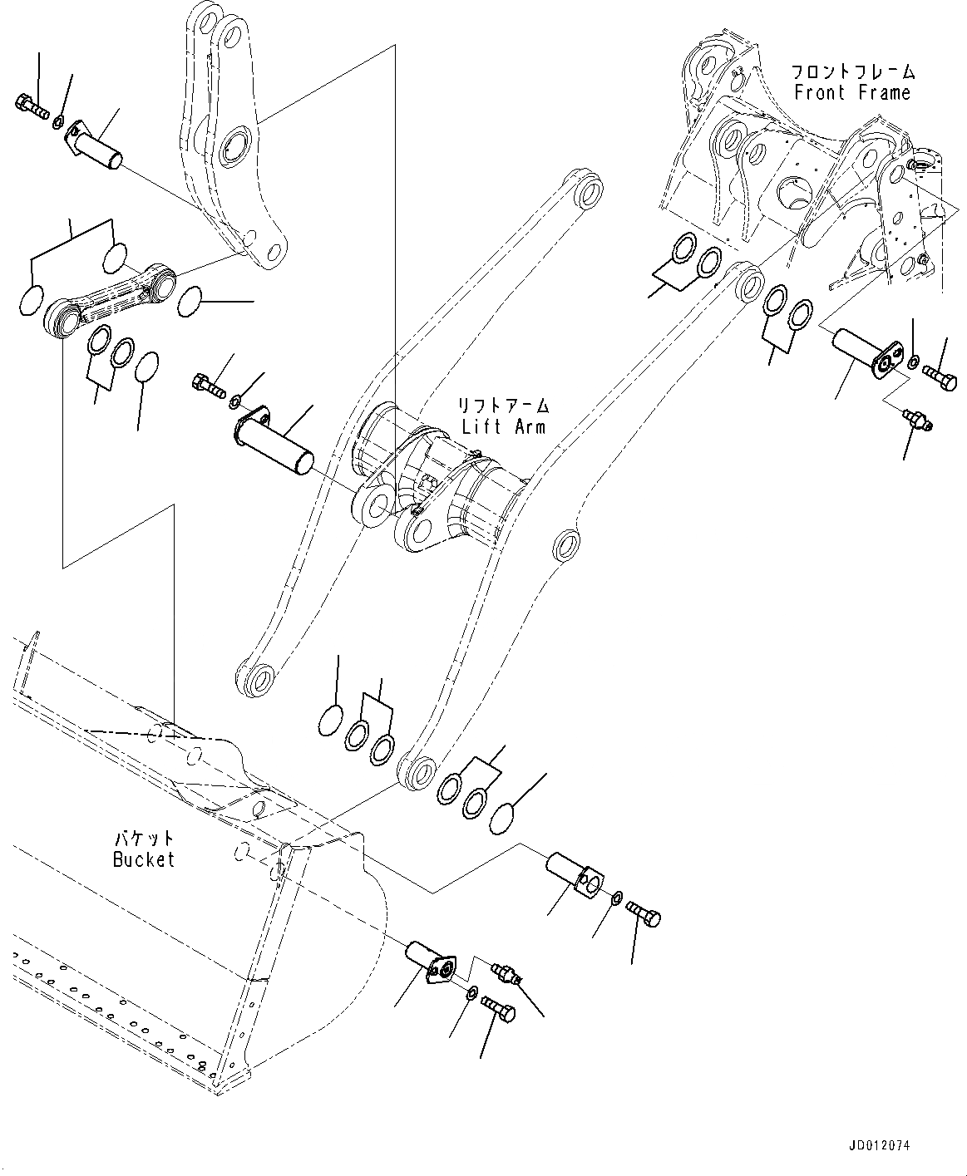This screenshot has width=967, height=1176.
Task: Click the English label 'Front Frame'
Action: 852,93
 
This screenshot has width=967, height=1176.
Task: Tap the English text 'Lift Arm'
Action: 503,426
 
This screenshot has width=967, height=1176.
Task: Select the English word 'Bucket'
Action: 144,859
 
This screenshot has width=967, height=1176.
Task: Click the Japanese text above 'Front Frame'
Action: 852,71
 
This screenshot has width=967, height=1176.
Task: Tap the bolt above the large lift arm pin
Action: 209,386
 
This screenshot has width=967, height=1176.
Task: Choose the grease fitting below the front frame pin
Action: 918,419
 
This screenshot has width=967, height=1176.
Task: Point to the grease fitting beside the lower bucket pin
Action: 506,973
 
